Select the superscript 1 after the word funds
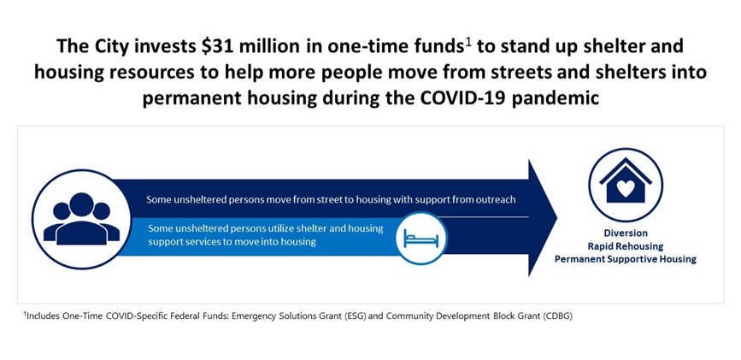point(468,43)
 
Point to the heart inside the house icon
point(626,188)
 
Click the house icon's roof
point(626,171)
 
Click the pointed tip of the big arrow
point(556,218)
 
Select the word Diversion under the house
point(626,233)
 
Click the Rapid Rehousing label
point(626,246)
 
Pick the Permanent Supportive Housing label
point(626,259)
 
